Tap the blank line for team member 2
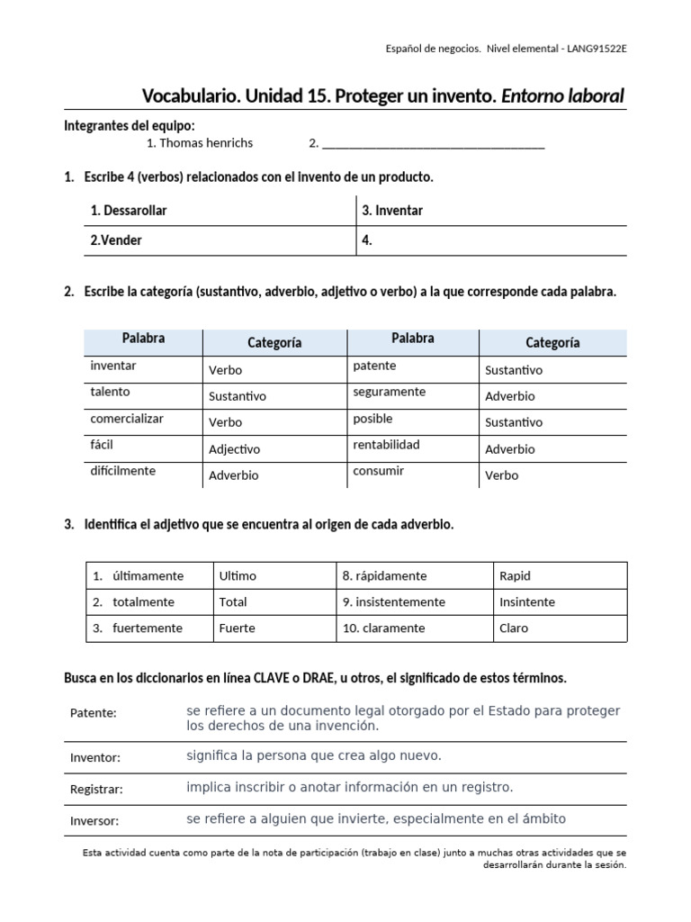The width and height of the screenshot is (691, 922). (433, 144)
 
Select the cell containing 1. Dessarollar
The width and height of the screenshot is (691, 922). (129, 211)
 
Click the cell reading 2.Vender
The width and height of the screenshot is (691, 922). (116, 240)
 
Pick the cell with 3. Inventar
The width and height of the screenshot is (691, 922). (392, 211)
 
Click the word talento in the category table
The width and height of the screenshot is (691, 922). (110, 392)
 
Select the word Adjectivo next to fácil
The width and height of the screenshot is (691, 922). (234, 449)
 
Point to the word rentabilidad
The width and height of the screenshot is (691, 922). (387, 445)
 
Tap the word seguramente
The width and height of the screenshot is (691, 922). (389, 392)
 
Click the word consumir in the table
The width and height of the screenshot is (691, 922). (378, 471)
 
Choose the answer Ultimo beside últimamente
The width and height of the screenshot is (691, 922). (238, 576)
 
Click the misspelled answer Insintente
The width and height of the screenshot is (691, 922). (526, 602)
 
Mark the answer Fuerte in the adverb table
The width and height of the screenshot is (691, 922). (238, 628)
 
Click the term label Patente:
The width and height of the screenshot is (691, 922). (94, 713)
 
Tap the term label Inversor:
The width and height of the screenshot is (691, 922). (94, 820)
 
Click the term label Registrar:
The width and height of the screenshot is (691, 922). (96, 789)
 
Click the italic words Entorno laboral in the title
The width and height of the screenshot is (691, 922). (562, 96)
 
